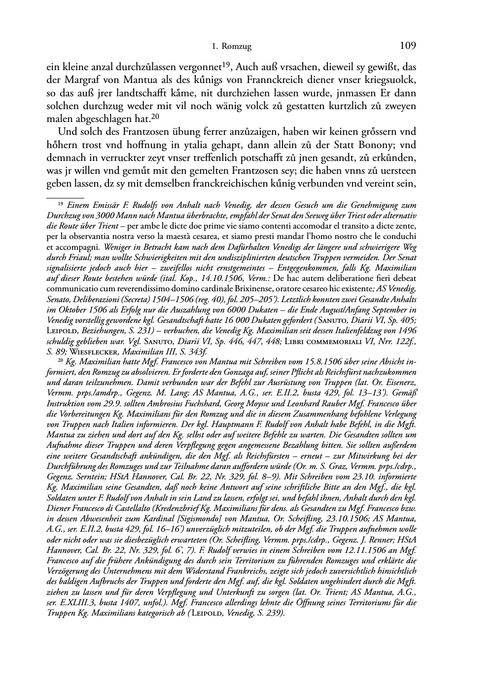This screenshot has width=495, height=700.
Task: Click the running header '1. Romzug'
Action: coord(231,47)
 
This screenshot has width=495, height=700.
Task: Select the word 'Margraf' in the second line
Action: coord(77,80)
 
